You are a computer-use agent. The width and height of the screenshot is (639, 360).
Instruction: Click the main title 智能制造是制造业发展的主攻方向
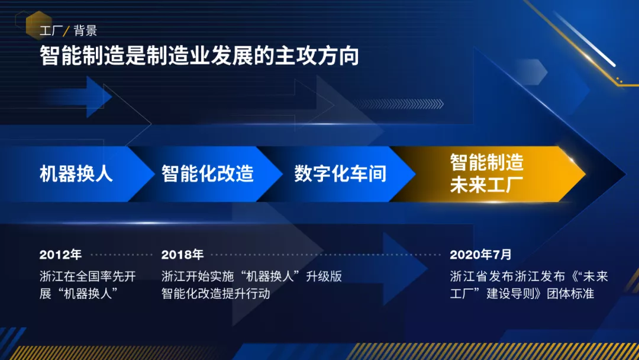[x=199, y=56]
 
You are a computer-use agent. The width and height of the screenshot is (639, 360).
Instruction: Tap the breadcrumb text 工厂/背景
[x=69, y=31]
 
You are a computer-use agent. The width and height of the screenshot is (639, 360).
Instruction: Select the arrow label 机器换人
[x=76, y=173]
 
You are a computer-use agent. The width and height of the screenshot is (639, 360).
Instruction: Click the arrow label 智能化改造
[x=208, y=173]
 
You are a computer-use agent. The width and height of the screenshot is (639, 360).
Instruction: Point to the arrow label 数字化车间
[x=340, y=173]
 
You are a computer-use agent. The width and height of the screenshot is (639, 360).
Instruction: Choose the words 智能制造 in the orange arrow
[x=486, y=162]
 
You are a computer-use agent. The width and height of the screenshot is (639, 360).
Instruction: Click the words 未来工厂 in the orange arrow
[x=486, y=184]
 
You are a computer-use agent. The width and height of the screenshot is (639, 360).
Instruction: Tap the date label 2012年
[x=60, y=255]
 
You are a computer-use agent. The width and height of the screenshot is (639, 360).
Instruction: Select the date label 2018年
[x=182, y=255]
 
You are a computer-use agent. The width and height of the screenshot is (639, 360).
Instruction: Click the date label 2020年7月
[x=480, y=255]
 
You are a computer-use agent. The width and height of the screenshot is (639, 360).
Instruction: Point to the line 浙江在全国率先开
[x=88, y=277]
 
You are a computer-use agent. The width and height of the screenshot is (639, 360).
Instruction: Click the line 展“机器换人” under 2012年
[x=79, y=294]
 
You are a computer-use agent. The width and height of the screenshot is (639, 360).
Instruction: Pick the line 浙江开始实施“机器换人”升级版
[x=251, y=277]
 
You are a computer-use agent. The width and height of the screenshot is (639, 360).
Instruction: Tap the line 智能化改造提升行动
[x=215, y=294]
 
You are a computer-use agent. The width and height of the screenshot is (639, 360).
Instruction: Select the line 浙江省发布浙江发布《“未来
[x=529, y=277]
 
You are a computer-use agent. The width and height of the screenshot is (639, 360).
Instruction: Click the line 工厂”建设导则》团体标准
[x=522, y=294]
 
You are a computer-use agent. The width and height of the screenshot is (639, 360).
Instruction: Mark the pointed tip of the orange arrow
[x=585, y=174]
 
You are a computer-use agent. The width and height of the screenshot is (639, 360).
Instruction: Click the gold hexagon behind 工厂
[x=39, y=25]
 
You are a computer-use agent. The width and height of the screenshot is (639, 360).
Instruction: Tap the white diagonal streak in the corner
[x=585, y=39]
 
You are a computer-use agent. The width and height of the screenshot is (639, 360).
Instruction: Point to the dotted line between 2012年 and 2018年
[x=121, y=255]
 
